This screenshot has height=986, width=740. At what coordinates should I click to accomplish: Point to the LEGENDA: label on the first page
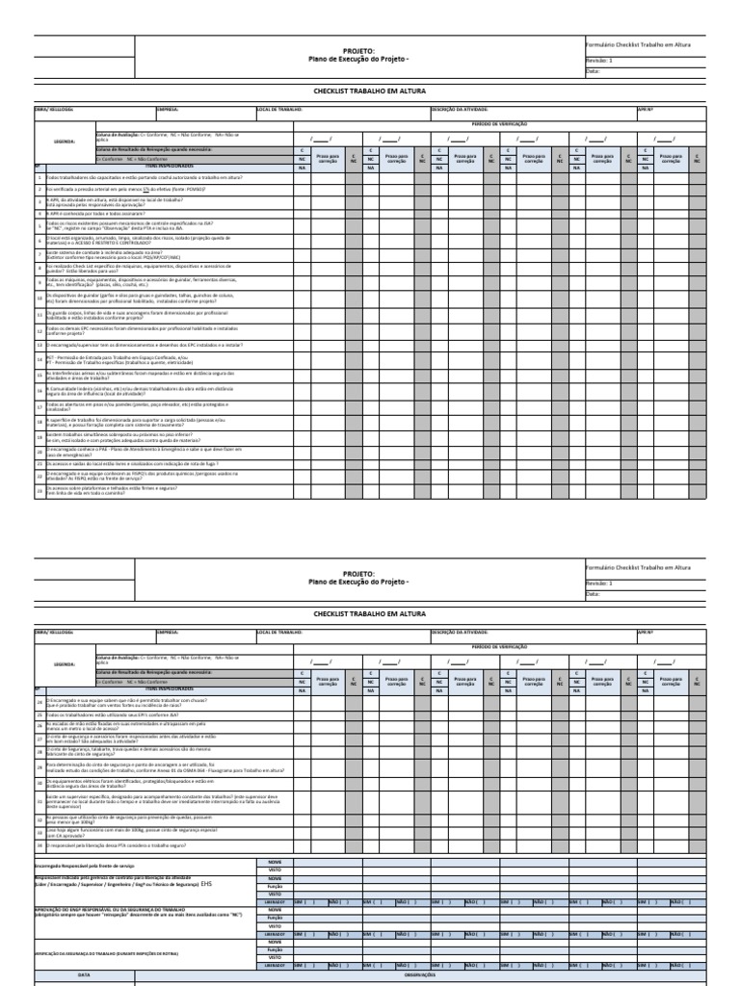click(65, 140)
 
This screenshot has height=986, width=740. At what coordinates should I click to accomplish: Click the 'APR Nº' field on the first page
click(645, 110)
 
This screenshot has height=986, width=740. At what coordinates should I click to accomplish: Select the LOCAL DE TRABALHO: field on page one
click(280, 110)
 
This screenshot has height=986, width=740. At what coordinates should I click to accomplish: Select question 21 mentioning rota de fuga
click(131, 462)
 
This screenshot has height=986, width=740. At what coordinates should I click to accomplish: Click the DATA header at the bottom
click(84, 974)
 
